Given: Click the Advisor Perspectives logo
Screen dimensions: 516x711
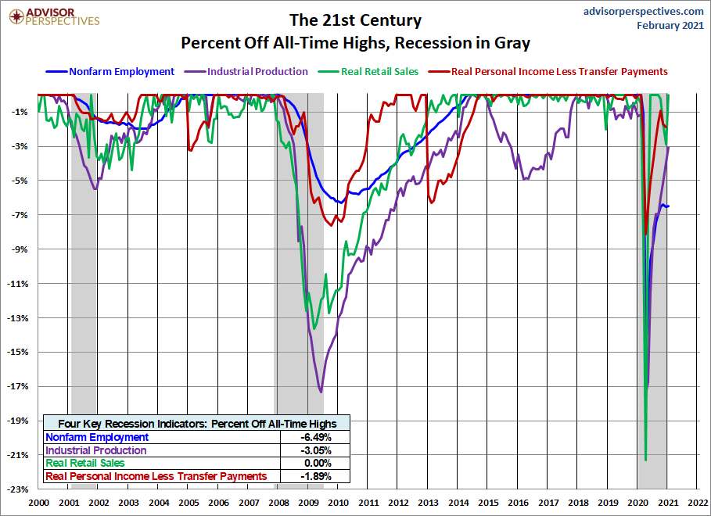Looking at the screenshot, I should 52,16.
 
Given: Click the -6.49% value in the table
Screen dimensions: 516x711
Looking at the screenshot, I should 316,438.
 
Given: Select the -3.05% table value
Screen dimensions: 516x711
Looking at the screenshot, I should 316,450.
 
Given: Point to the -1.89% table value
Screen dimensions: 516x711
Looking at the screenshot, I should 316,475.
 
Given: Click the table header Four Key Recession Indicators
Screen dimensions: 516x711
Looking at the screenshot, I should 196,423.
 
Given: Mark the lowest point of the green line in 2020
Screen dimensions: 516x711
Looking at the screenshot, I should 645,460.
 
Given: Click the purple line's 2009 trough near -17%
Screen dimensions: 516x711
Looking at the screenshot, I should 321,391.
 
